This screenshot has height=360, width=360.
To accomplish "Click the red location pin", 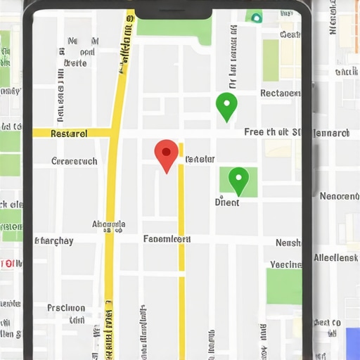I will (x=166, y=153).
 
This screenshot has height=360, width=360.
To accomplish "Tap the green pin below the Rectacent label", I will (x=226, y=105).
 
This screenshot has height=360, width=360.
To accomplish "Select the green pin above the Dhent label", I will (x=239, y=179).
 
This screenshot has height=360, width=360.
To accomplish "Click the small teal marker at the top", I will (x=256, y=17).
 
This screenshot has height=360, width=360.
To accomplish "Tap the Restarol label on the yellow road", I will (x=70, y=133).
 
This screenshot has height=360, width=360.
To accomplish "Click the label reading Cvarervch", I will (x=75, y=161).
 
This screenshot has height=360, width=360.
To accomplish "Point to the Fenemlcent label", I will (x=167, y=239).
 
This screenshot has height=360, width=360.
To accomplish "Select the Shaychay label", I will (x=54, y=240).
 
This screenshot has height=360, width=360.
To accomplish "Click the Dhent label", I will (x=227, y=202).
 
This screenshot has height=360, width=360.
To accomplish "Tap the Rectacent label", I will (x=280, y=93).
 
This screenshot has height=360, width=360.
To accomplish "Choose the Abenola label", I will (x=109, y=225).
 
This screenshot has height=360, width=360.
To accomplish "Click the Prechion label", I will (x=66, y=308).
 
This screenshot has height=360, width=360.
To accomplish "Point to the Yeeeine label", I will (x=285, y=264).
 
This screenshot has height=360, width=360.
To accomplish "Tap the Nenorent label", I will (x=339, y=196).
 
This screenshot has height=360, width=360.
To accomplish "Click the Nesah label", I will (x=288, y=243).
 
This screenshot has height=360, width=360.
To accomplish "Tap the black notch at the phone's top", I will (x=173, y=9).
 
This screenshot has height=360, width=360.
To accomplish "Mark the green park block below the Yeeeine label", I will (x=284, y=286).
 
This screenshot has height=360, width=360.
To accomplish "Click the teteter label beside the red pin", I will (x=200, y=160).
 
